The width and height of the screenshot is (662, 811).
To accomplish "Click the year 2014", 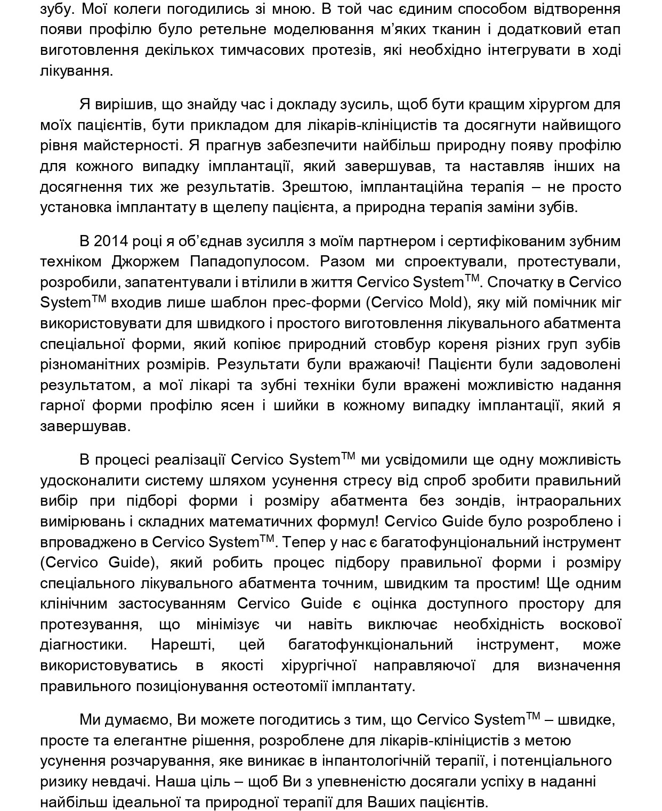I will point(110,241).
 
